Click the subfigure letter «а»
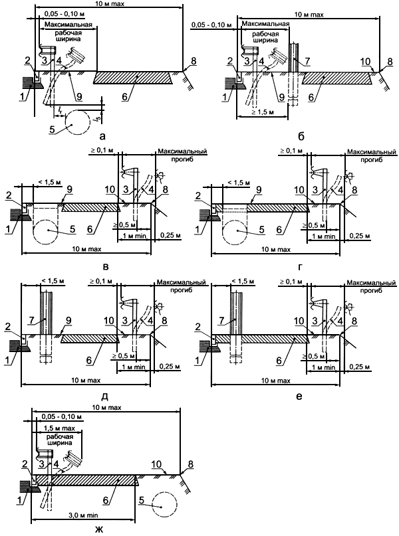pos(102,137)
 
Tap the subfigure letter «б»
pos(301,137)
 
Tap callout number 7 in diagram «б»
pos(307,62)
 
